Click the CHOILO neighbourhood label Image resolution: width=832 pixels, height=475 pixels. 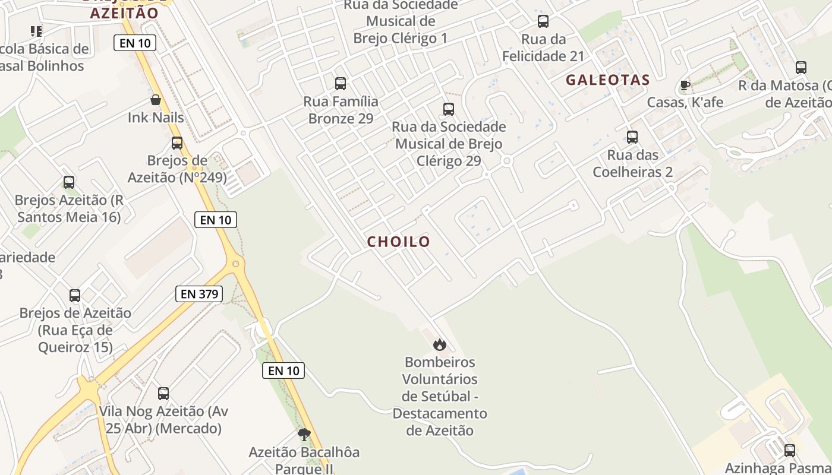pyautogui.click(x=398, y=242)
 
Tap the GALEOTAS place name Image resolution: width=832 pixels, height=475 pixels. pyautogui.click(x=607, y=80)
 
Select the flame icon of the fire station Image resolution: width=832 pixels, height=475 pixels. pyautogui.click(x=439, y=344)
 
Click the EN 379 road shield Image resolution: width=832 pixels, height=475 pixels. pyautogui.click(x=198, y=293)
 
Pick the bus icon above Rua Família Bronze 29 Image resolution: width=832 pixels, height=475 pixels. pyautogui.click(x=341, y=84)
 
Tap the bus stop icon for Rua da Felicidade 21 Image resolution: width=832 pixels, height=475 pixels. pyautogui.click(x=543, y=22)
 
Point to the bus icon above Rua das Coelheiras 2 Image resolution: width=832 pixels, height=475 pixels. pyautogui.click(x=632, y=137)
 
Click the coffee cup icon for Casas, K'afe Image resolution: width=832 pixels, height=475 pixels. pyautogui.click(x=685, y=85)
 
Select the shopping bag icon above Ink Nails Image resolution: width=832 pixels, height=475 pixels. pyautogui.click(x=156, y=100)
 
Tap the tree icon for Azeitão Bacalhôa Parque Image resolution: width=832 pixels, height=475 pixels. pyautogui.click(x=304, y=435)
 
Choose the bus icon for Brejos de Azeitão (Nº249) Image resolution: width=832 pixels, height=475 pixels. pyautogui.click(x=177, y=143)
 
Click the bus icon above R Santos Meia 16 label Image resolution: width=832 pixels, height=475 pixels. pyautogui.click(x=69, y=182)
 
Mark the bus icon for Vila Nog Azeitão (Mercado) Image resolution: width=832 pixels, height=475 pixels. pyautogui.click(x=163, y=393)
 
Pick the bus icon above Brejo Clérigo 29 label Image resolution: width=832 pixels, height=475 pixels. pyautogui.click(x=449, y=109)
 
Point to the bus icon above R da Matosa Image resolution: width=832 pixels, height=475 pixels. pyautogui.click(x=801, y=68)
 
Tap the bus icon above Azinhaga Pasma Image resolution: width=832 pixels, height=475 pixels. pyautogui.click(x=790, y=451)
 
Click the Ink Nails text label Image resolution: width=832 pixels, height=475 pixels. pyautogui.click(x=156, y=118)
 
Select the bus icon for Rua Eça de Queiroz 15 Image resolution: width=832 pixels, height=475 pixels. pyautogui.click(x=75, y=296)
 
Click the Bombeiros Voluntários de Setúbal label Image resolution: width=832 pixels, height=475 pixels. pyautogui.click(x=440, y=396)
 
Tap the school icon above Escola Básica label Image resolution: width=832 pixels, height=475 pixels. pyautogui.click(x=36, y=31)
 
